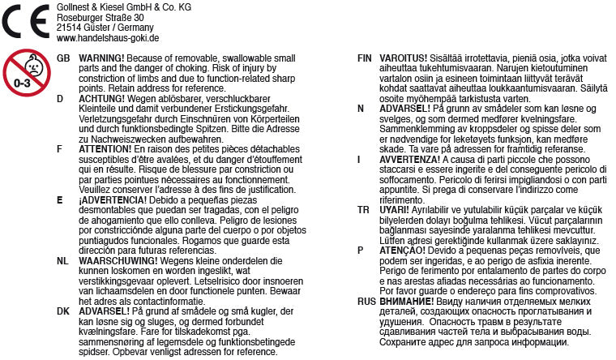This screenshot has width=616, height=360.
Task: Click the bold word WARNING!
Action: pyautogui.click(x=101, y=58)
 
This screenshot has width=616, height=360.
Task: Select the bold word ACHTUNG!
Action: pyautogui.click(x=101, y=98)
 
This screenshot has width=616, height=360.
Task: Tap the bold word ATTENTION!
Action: pyautogui.click(x=105, y=150)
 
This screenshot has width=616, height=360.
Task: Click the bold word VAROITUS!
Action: pyautogui.click(x=403, y=58)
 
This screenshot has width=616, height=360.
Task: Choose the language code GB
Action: pyautogui.click(x=64, y=58)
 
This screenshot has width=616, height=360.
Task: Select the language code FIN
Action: pyautogui.click(x=365, y=58)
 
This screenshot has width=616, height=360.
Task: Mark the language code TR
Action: pyautogui.click(x=363, y=209)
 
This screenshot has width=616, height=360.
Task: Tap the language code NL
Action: pyautogui.click(x=63, y=261)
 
